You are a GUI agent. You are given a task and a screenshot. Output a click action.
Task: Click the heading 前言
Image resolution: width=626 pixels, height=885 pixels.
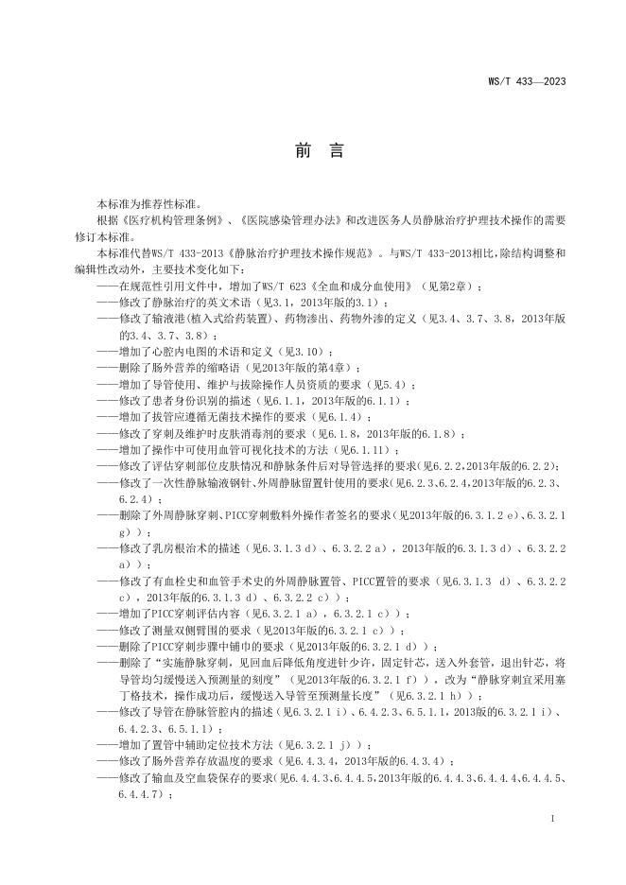pyautogui.click(x=312, y=151)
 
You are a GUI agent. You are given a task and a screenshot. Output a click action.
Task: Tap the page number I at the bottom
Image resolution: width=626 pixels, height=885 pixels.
pyautogui.click(x=551, y=815)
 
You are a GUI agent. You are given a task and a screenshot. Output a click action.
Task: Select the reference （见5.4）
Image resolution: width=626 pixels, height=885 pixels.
pyautogui.click(x=389, y=385)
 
